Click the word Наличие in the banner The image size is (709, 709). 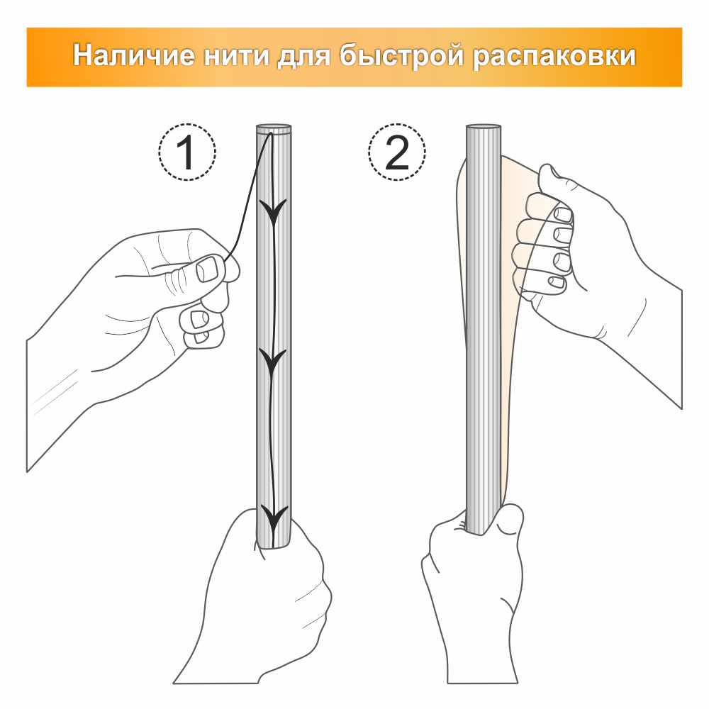tap(134, 55)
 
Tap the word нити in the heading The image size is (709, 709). tap(236, 55)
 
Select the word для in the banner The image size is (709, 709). tap(304, 57)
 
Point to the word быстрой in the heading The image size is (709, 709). tap(402, 56)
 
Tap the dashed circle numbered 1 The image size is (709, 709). tap(187, 152)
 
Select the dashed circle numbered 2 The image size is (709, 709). tap(397, 152)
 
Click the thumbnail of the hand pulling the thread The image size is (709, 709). tap(208, 269)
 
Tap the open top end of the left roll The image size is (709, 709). tap(274, 128)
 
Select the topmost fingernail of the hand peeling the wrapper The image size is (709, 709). tap(562, 214)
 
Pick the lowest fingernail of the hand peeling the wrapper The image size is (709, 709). tap(556, 283)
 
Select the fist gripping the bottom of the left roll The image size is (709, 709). tap(267, 597)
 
